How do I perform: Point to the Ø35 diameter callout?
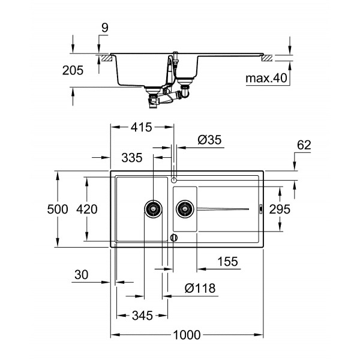[210, 140]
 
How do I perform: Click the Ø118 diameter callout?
[197, 289]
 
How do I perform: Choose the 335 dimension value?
[131, 158]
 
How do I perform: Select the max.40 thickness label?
[267, 78]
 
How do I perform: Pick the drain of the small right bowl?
[184, 209]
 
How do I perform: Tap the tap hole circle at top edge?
[174, 179]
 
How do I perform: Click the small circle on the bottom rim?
[174, 238]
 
